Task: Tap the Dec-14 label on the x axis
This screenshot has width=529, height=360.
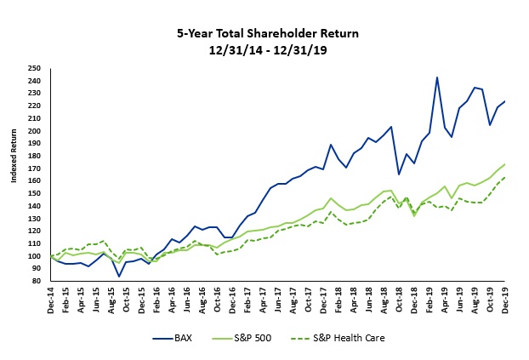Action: point(52,300)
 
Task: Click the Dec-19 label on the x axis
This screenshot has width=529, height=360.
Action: point(503,300)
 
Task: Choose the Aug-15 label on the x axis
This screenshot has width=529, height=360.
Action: point(112,300)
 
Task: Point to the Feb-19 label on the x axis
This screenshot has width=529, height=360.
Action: point(429,300)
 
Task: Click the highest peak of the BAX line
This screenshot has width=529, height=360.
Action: point(436,77)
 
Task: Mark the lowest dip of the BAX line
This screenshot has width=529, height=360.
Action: point(119,277)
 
